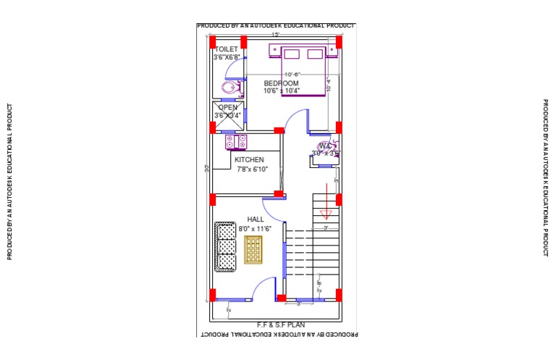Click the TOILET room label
pos(227,49)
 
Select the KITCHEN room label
pos(249,159)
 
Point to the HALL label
pos(256,219)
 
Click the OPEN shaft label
pos(227,107)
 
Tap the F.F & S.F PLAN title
pos(275,325)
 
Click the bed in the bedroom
pos(303,70)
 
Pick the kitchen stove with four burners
pos(237,141)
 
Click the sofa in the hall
pos(226,248)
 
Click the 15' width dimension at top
pos(275,34)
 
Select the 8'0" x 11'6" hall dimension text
pos(255,228)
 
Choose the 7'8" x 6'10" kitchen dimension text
pos(252,169)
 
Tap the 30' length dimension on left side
pos(206,168)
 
